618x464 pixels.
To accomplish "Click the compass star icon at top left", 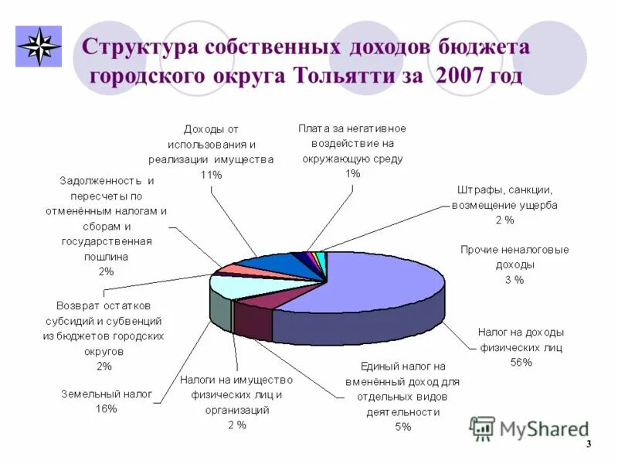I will [x=39, y=46].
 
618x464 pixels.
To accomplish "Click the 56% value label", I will [x=521, y=362].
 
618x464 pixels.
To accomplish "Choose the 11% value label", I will [x=210, y=175].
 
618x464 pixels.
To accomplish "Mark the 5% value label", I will [x=403, y=427].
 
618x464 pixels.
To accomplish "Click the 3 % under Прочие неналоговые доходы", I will [x=514, y=279].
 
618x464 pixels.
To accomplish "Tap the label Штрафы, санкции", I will [x=504, y=189].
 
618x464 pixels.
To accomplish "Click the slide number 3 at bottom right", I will [x=589, y=444].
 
